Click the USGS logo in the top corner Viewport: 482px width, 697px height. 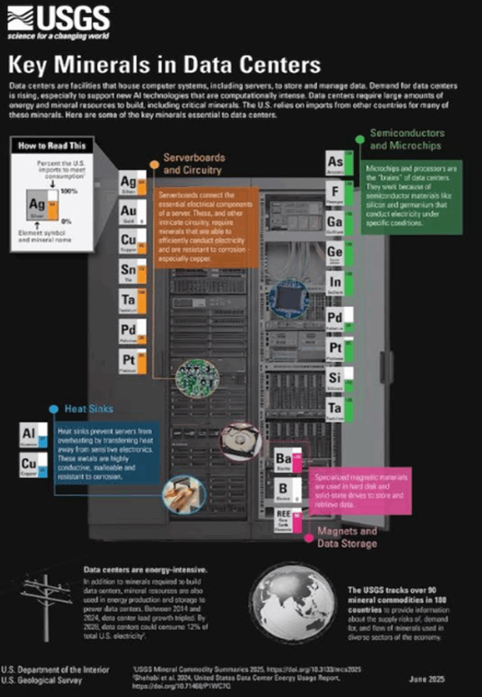coord(58,23)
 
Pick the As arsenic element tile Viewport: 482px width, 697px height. coord(340,163)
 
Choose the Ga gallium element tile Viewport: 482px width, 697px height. coord(340,223)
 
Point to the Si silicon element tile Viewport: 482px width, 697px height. coord(340,378)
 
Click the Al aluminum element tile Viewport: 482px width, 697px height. coord(33,436)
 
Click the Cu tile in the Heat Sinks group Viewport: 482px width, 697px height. coord(33,466)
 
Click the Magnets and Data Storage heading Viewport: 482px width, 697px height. coord(347,537)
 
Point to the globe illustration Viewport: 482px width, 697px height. coord(292,602)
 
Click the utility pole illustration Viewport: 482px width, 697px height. coord(46,606)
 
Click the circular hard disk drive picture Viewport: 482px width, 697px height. coord(241,442)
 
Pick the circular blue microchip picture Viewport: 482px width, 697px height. coord(288,298)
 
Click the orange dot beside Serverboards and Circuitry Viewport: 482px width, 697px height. coord(154,165)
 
